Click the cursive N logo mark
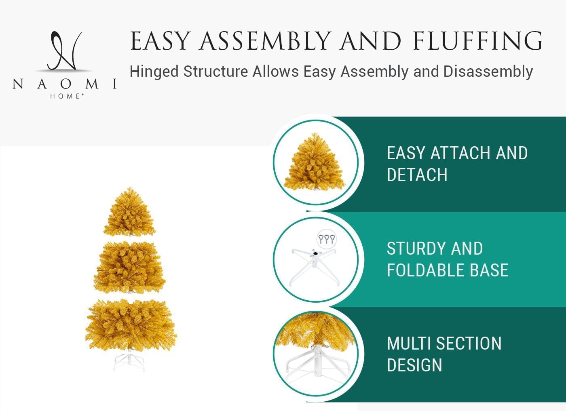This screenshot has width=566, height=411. click(64, 51)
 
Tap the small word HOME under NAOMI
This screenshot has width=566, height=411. click(67, 96)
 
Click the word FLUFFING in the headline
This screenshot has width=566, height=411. click(477, 41)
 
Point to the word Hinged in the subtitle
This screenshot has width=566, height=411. click(154, 72)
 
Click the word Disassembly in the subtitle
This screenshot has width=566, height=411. click(488, 72)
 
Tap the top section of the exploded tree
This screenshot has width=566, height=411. click(129, 212)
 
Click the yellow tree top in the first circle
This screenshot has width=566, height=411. click(315, 161)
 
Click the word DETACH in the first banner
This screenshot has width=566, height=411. click(417, 175)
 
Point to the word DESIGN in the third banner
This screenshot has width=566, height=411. click(414, 365)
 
